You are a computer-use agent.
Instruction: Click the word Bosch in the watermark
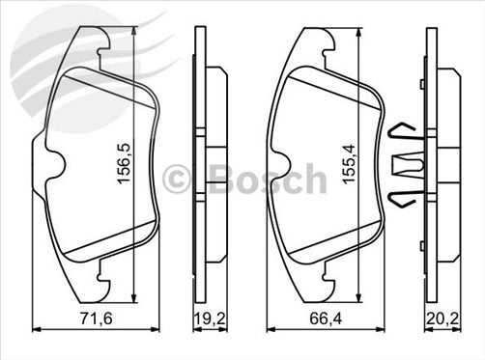266,180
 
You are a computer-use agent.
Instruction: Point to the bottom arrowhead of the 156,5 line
134,300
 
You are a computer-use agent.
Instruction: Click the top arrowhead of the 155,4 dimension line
363,31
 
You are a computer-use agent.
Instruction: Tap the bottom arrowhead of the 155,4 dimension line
363,298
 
